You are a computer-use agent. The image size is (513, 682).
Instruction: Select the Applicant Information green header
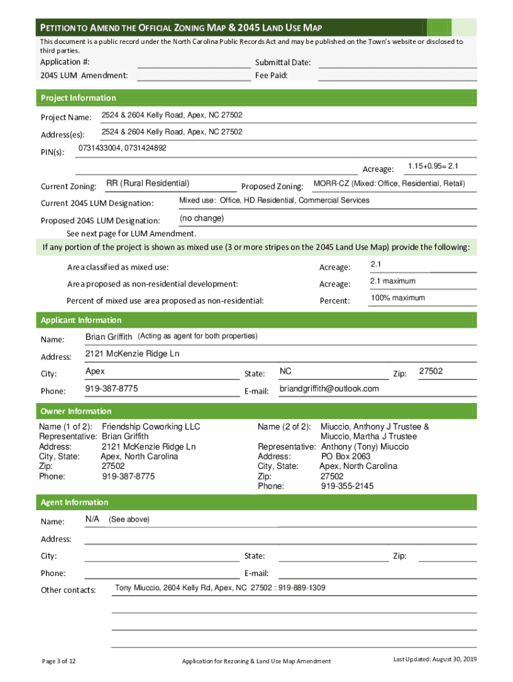pyautogui.click(x=81, y=320)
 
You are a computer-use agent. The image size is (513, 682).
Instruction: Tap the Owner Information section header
pyautogui.click(x=76, y=412)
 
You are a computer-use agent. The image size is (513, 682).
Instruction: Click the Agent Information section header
pyautogui.click(x=75, y=503)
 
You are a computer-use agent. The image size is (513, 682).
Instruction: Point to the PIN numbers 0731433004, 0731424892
pyautogui.click(x=123, y=148)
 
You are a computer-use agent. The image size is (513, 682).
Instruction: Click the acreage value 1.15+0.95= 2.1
pyautogui.click(x=433, y=166)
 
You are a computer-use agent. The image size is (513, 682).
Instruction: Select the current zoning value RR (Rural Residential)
pyautogui.click(x=148, y=184)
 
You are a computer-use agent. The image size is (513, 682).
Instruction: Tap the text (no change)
pyautogui.click(x=202, y=218)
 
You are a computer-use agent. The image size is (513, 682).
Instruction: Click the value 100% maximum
pyautogui.click(x=398, y=298)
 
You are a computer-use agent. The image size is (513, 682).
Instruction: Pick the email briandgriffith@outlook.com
pyautogui.click(x=329, y=389)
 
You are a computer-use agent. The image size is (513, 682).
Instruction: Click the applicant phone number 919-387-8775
pyautogui.click(x=112, y=389)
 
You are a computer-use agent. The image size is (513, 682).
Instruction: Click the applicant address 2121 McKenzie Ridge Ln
pyautogui.click(x=133, y=354)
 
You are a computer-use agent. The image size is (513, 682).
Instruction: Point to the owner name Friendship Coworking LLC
pyautogui.click(x=151, y=427)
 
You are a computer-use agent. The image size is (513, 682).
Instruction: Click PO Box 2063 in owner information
pyautogui.click(x=346, y=457)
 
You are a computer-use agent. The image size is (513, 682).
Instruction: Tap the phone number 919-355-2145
pyautogui.click(x=347, y=486)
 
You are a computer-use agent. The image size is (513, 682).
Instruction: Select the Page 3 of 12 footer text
pyautogui.click(x=59, y=661)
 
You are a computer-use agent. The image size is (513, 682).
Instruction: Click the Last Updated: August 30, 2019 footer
pyautogui.click(x=435, y=659)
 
